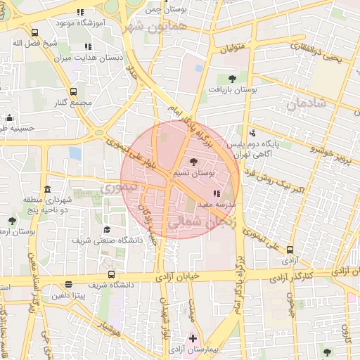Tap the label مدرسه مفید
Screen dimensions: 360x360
pyautogui.click(x=219, y=204)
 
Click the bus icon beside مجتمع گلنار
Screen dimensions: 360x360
pyautogui.click(x=74, y=91)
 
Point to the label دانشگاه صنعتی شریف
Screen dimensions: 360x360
pyautogui.click(x=107, y=240)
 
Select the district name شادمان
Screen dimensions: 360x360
pyautogui.click(x=307, y=103)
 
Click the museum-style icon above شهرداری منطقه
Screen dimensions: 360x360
pyautogui.click(x=47, y=189)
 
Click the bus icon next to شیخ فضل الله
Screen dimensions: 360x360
pyautogui.click(x=35, y=32)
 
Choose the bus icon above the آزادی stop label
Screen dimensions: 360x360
pyautogui.click(x=290, y=249)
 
